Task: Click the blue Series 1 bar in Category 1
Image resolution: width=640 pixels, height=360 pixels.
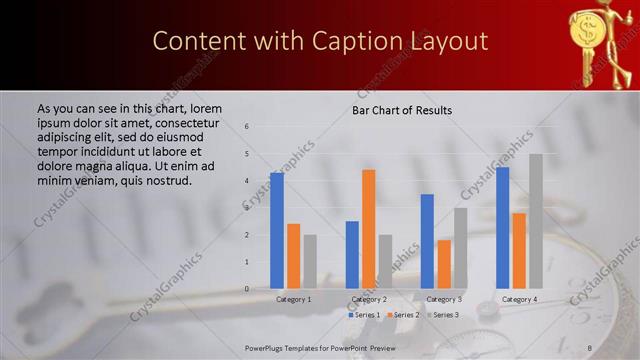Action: pyautogui.click(x=277, y=230)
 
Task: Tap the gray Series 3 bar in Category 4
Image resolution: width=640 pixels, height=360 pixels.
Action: pyautogui.click(x=536, y=221)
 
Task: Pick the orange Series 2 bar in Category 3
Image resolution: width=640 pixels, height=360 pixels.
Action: pyautogui.click(x=444, y=264)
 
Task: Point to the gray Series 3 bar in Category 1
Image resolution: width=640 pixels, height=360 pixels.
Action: pyautogui.click(x=310, y=261)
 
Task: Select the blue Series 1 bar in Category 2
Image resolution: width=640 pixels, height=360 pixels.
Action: pyautogui.click(x=352, y=254)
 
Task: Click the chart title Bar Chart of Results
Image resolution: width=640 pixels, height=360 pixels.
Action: pyautogui.click(x=401, y=110)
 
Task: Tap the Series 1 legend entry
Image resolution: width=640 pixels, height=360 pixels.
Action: pyautogui.click(x=363, y=315)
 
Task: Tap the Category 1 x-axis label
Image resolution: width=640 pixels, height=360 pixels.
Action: pyautogui.click(x=293, y=299)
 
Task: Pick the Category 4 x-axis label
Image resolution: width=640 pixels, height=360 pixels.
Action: pyautogui.click(x=519, y=299)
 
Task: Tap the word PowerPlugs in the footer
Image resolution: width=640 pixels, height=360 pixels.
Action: pyautogui.click(x=270, y=348)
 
